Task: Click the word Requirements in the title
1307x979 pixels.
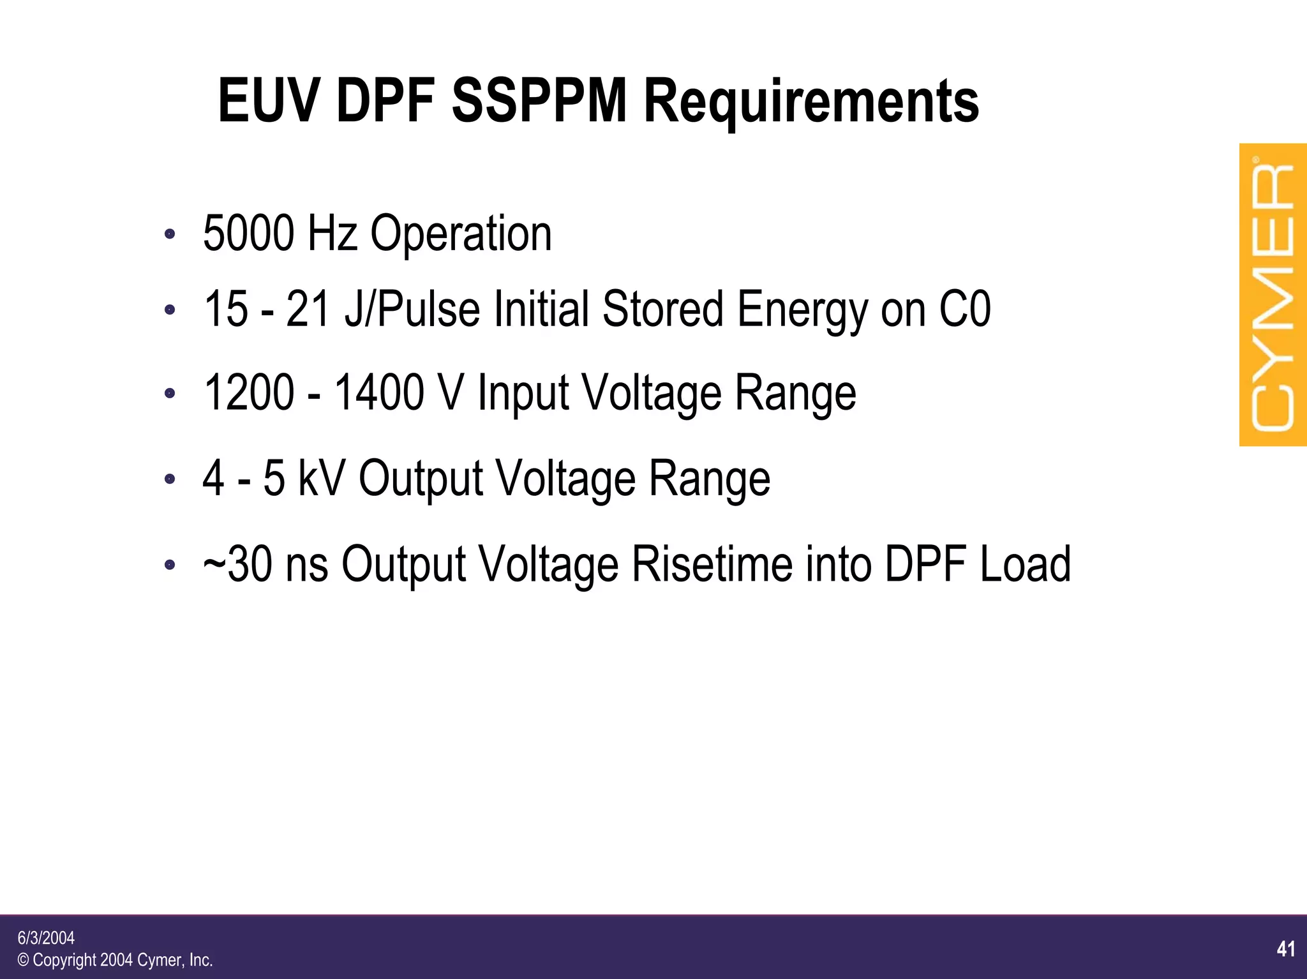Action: coord(811,102)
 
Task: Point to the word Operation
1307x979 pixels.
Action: coord(461,235)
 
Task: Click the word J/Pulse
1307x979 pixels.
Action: coord(412,310)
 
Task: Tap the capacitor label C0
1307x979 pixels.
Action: coord(965,310)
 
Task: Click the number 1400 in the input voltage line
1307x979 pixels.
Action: coord(380,392)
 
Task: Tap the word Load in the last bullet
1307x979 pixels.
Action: coord(1025,564)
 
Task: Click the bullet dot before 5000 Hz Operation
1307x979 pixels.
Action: coord(169,234)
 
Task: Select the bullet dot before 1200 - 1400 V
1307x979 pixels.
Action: coord(169,393)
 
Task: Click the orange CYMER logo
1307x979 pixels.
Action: coord(1273,295)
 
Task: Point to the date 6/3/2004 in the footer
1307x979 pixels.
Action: coord(46,938)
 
